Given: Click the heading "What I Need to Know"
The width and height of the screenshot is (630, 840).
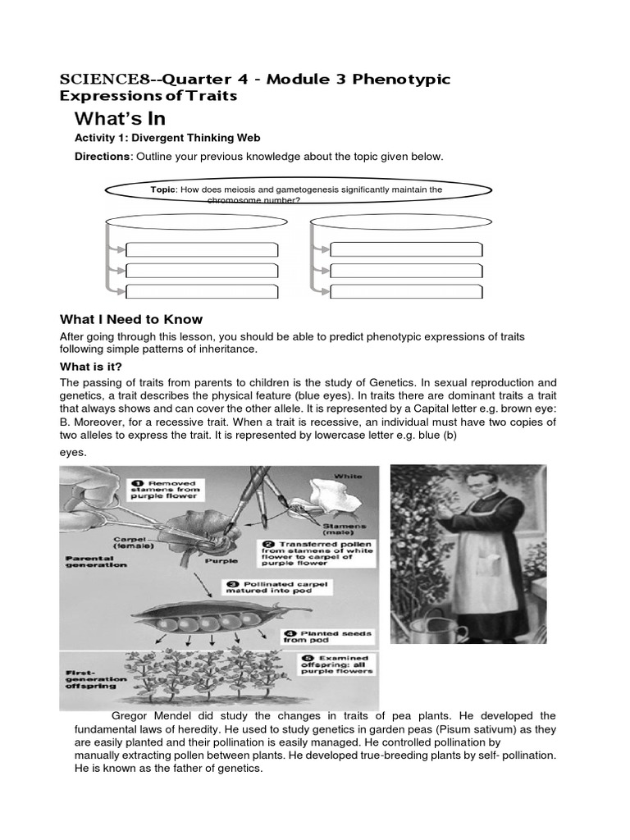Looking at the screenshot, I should click(131, 319).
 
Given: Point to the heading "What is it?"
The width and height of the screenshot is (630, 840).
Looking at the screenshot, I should click(97, 366).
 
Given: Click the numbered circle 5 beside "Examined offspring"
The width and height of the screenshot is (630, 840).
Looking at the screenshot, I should click(292, 659).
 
